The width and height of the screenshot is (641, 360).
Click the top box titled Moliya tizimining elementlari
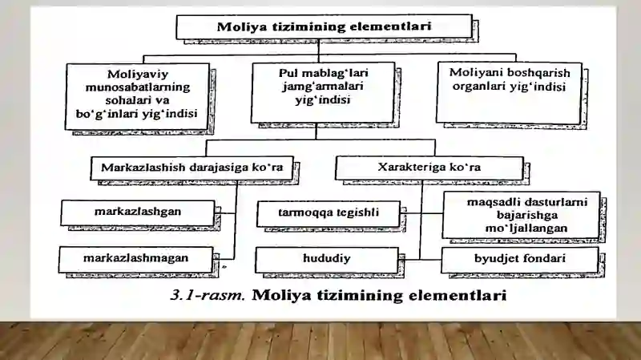click(x=325, y=26)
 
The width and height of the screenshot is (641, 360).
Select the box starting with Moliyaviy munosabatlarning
click(x=137, y=96)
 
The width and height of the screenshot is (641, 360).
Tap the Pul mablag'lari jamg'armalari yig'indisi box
click(x=323, y=92)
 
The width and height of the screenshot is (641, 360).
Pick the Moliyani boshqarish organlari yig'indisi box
click(x=509, y=92)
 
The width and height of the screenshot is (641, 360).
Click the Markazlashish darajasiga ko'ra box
click(x=191, y=168)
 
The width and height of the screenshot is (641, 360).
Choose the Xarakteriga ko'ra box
click(x=429, y=168)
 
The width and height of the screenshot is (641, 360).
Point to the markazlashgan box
click(x=138, y=212)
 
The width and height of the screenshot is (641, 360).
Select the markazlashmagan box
click(x=135, y=259)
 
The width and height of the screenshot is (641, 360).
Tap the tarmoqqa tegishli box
click(x=329, y=213)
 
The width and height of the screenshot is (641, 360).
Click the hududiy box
click(x=327, y=260)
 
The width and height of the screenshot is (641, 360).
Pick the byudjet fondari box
click(x=520, y=260)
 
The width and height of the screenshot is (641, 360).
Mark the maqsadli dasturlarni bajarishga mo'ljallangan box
click(x=522, y=215)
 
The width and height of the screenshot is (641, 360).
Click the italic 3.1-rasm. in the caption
click(x=208, y=295)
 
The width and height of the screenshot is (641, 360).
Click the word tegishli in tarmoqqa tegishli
click(x=358, y=212)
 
